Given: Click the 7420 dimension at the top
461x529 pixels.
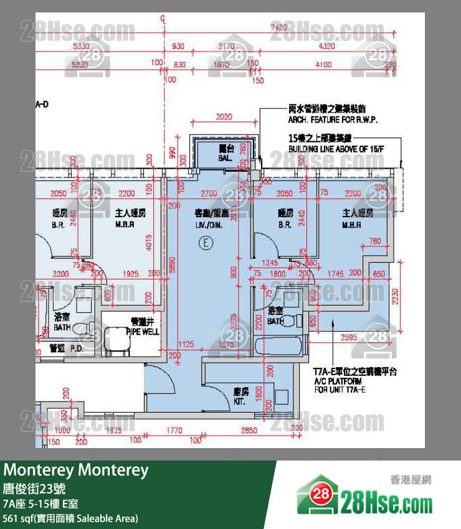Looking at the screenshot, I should click(278, 27).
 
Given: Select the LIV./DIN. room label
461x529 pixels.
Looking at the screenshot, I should click(209, 217).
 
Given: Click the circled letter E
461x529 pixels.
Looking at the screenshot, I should click(202, 243).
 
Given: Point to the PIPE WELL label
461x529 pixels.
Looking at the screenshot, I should click(143, 327).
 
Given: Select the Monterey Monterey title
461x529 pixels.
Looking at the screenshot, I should click(77, 470).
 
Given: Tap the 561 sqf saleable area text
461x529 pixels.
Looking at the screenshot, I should click(71, 518).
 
